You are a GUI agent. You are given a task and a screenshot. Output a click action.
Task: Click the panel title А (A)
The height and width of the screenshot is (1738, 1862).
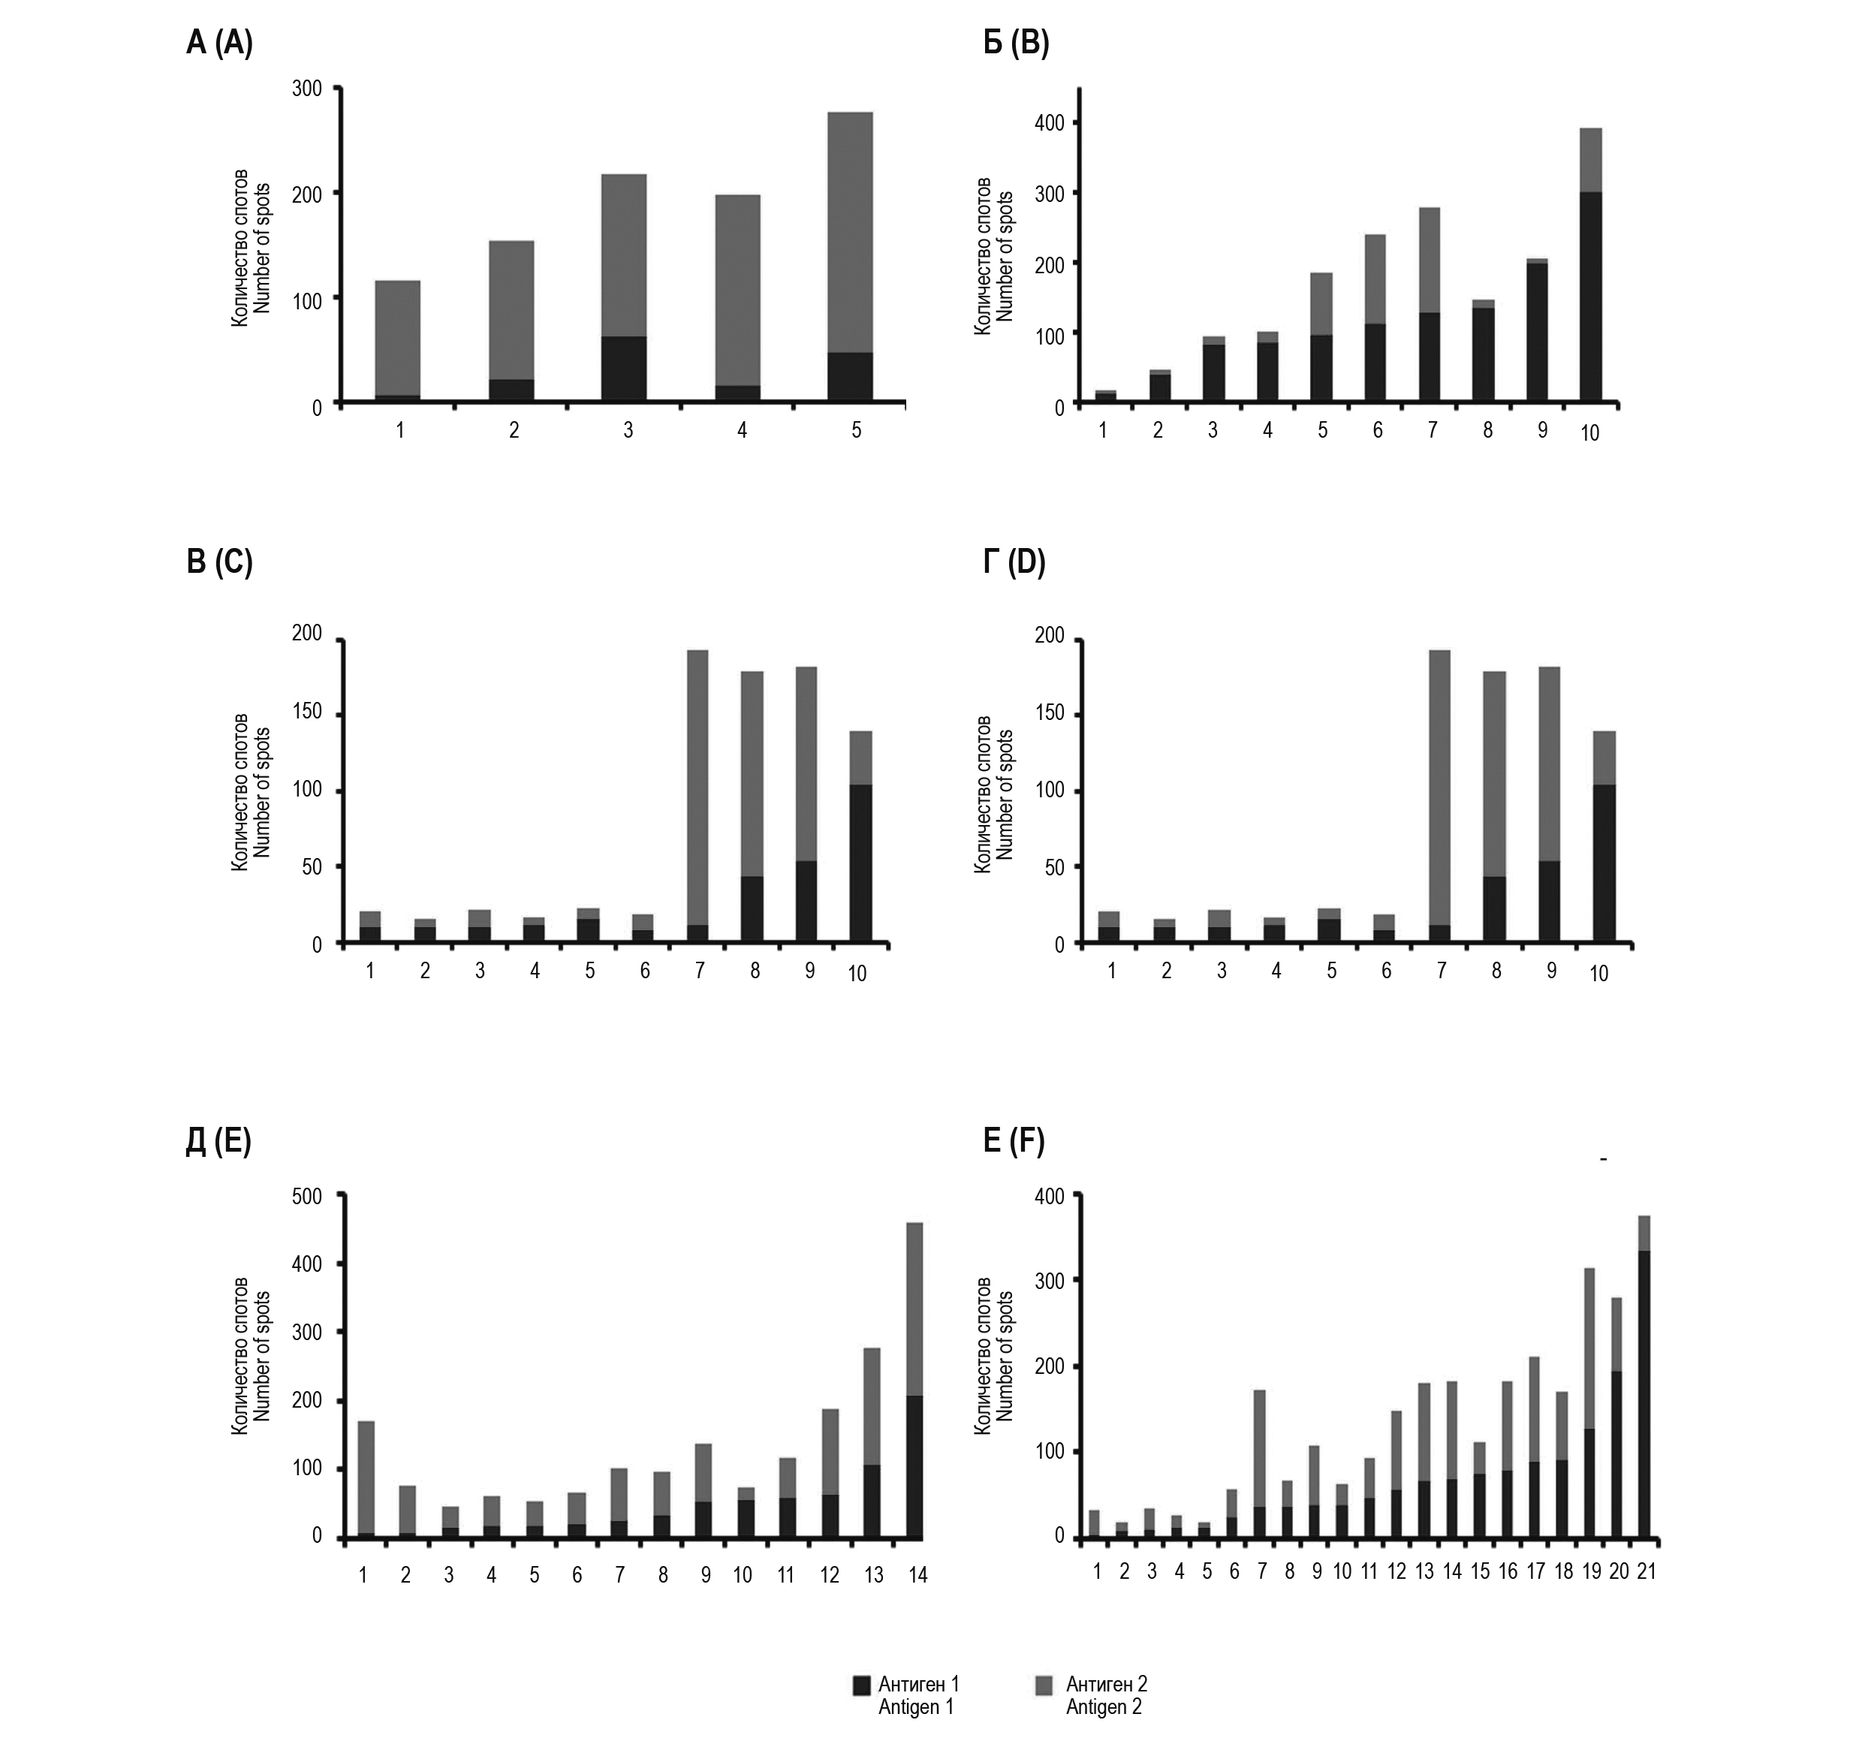(x=219, y=44)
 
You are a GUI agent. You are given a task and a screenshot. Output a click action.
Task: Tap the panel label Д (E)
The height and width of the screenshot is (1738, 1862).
(x=218, y=1143)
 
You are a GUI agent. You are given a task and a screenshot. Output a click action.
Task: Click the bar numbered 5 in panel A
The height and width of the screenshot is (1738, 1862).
(x=851, y=257)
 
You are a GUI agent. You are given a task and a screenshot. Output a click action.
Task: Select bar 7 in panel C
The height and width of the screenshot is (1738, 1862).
(x=697, y=795)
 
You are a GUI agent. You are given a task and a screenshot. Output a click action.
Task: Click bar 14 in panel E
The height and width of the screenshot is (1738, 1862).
(x=915, y=1381)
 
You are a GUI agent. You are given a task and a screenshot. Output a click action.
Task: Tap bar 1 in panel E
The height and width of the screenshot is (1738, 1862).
(x=366, y=1480)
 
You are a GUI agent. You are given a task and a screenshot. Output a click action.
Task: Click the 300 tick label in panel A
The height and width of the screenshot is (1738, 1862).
(x=307, y=89)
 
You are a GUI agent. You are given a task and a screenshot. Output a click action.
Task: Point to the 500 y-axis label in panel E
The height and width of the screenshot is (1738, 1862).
(x=306, y=1196)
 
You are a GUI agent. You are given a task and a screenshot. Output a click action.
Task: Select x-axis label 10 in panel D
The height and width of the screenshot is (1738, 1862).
(x=1598, y=974)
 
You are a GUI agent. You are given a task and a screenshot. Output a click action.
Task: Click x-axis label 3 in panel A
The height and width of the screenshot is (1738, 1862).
(x=628, y=430)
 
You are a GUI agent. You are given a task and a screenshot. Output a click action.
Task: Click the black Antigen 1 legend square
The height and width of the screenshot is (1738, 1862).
(x=862, y=1685)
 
